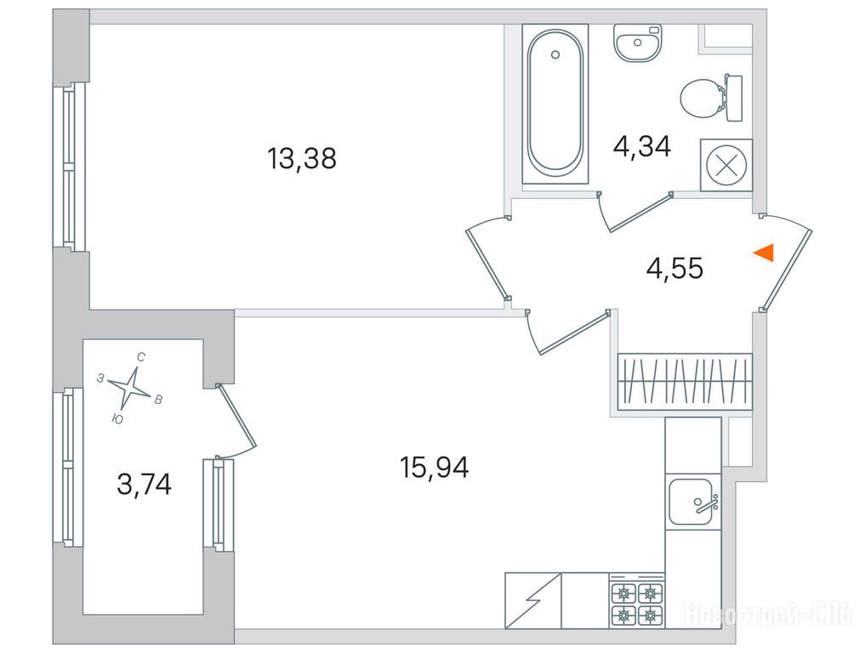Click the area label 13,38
coord(302,159)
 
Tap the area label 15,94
coord(435,468)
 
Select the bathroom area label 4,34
coord(642,147)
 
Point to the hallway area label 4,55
coord(674,269)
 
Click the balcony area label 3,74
coord(145,485)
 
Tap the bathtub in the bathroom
coord(555,104)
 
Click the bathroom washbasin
coord(637,43)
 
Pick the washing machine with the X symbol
coord(726,165)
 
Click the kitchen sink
coord(693,502)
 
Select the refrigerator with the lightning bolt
coord(533,600)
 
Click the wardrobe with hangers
coord(685,381)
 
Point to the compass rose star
coord(129,387)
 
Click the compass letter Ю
coord(117,419)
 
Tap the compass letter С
coord(140,357)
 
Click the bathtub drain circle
coord(555,54)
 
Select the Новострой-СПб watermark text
coord(767,615)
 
